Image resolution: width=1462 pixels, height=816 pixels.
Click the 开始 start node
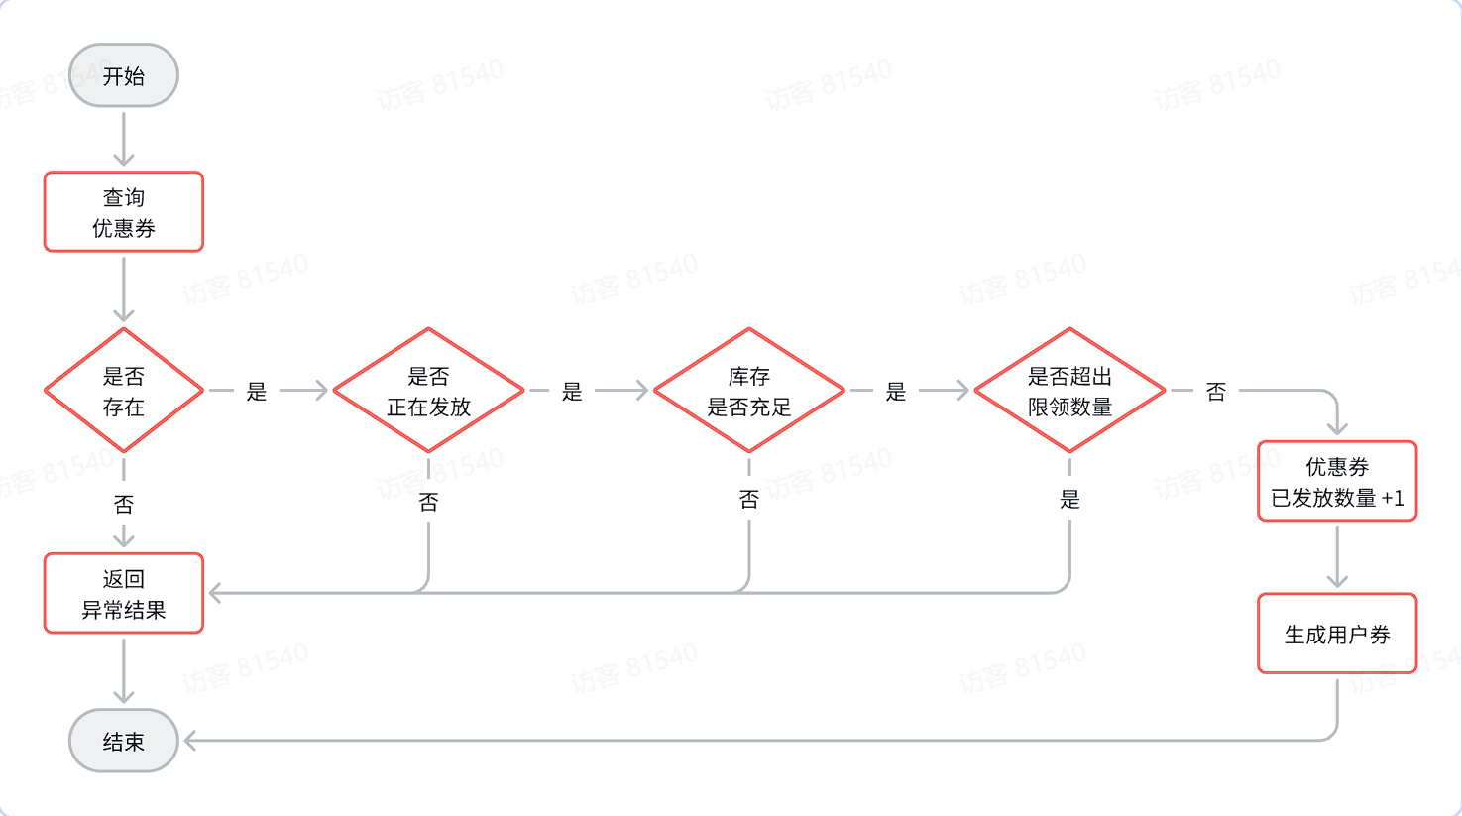point(124,75)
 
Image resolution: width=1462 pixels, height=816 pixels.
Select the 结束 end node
point(124,741)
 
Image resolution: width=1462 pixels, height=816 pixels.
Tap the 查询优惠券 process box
point(124,212)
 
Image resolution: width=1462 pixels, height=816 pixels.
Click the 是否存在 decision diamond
point(124,391)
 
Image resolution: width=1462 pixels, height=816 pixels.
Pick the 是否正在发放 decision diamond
point(428,391)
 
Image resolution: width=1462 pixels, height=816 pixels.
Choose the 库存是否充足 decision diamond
point(749,391)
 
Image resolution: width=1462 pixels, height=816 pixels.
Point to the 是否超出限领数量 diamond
point(1069,391)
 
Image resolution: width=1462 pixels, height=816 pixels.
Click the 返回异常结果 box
point(124,593)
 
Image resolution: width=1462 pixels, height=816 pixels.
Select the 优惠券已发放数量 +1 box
point(1337,481)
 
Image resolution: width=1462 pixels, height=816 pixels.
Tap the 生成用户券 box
point(1337,634)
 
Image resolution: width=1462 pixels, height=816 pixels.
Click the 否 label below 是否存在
point(124,505)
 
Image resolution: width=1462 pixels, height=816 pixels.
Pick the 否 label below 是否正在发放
point(428,502)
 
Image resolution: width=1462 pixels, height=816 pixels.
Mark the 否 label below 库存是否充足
point(749,500)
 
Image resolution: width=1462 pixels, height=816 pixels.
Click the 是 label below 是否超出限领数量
point(1069,500)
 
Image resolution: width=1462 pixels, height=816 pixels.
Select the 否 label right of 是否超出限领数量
point(1216,392)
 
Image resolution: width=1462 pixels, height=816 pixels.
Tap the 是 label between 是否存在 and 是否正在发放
point(257,392)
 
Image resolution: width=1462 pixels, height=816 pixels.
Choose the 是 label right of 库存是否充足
point(896,392)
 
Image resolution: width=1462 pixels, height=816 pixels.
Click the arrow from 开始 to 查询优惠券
point(124,139)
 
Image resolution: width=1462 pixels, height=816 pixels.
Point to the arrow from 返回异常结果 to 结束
point(124,670)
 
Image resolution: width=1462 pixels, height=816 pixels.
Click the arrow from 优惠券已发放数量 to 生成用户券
point(1337,556)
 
